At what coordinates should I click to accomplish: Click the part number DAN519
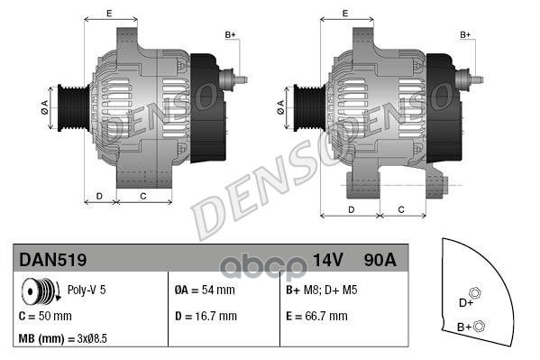[52, 260]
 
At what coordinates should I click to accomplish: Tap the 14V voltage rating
[328, 260]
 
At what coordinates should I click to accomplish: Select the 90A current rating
[378, 260]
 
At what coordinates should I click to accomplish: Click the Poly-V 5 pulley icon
[40, 292]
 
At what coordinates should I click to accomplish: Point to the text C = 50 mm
[45, 317]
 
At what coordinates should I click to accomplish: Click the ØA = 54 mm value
[204, 291]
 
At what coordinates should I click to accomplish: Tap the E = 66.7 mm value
[316, 317]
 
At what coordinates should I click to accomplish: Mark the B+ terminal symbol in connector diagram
[479, 326]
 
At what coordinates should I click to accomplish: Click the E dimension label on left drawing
[109, 13]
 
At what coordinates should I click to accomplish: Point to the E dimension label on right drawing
[345, 13]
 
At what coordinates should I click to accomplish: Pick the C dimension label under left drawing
[143, 196]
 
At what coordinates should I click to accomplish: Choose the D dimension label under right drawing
[352, 208]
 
